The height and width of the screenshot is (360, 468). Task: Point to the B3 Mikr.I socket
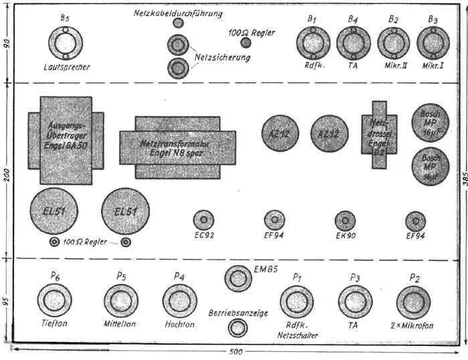(x=434, y=44)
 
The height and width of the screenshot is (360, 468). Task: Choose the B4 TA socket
(x=352, y=44)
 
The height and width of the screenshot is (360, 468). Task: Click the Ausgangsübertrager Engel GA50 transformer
(x=66, y=139)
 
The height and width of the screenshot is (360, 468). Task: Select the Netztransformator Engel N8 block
(x=177, y=147)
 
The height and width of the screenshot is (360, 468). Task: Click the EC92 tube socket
(x=203, y=220)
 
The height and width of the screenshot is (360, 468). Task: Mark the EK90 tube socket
(x=346, y=220)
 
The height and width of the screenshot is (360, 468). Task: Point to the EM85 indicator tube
(x=238, y=278)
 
